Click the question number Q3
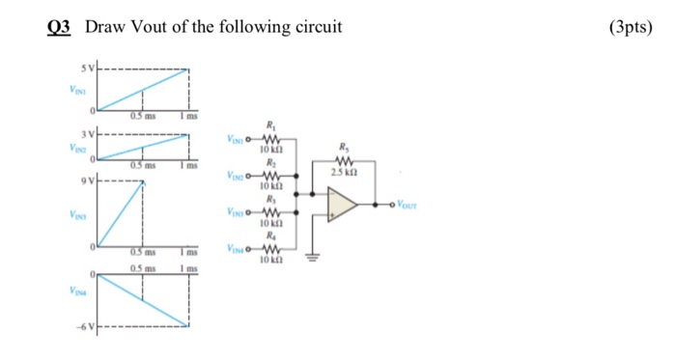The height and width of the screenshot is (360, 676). click(x=60, y=27)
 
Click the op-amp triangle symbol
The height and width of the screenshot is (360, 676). click(x=342, y=205)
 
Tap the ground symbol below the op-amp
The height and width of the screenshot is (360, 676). click(x=311, y=258)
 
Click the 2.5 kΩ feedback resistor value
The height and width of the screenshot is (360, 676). click(x=345, y=172)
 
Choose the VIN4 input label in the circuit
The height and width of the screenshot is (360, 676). click(x=238, y=249)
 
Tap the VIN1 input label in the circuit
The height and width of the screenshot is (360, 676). click(x=238, y=139)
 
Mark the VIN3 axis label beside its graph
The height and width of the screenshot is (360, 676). click(x=74, y=218)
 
